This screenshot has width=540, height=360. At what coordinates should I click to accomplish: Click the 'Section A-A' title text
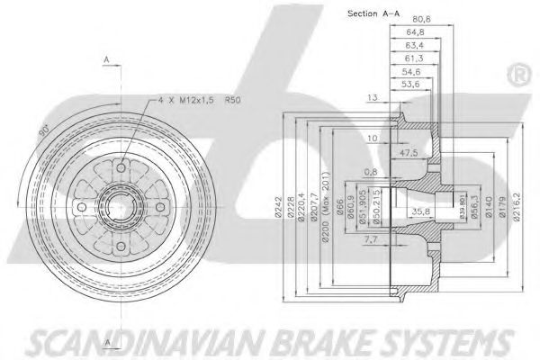[373, 13]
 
